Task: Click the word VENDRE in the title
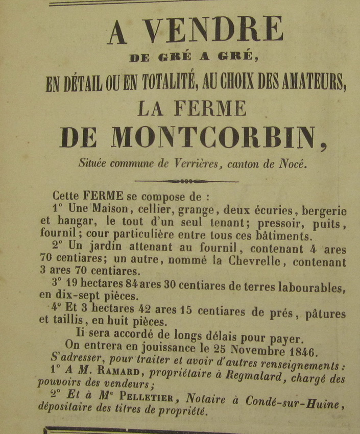213,31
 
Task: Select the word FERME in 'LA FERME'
210,108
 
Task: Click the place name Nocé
293,164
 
